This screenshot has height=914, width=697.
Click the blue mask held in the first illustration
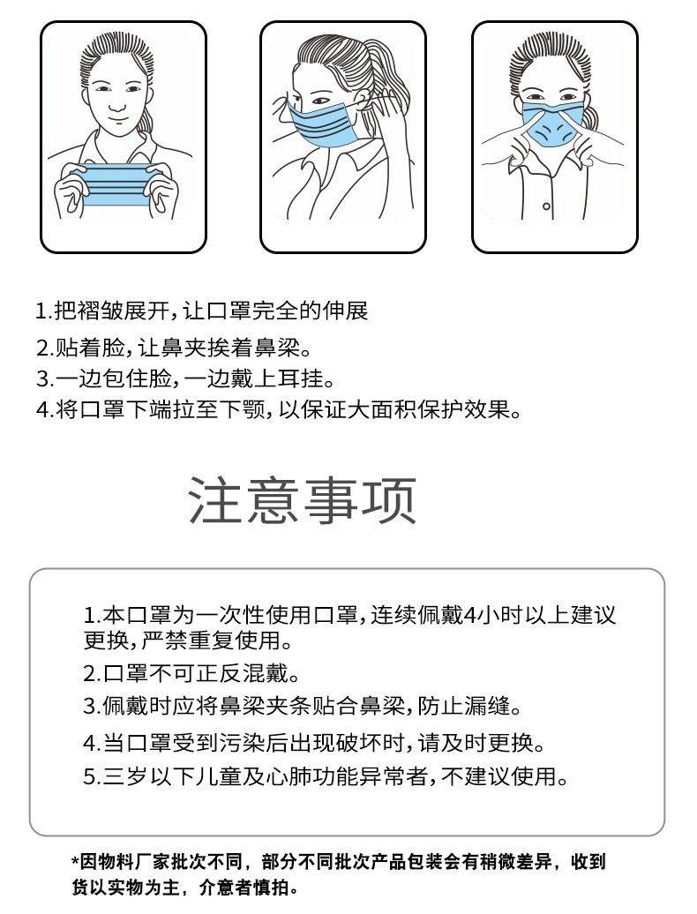coord(114,186)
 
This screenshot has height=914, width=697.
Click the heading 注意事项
coord(303,501)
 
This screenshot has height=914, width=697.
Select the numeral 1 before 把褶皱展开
coord(40,311)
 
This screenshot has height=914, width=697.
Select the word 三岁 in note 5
coord(124,777)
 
